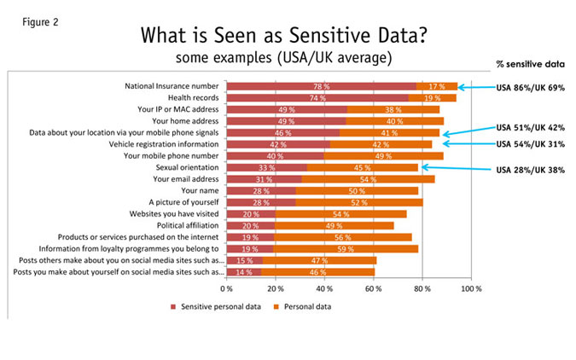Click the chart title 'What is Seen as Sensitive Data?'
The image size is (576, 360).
[x=293, y=36]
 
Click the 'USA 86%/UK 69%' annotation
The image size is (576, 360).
[x=531, y=87]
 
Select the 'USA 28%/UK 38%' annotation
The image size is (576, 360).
[x=531, y=169]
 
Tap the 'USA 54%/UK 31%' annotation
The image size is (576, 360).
[x=531, y=142]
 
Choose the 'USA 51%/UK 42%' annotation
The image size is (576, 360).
[x=531, y=126]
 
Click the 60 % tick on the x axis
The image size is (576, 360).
[x=373, y=290]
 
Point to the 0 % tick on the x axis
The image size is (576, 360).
[x=227, y=290]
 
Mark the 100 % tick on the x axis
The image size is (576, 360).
[x=471, y=290]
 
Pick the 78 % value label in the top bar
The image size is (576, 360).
[x=321, y=86]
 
